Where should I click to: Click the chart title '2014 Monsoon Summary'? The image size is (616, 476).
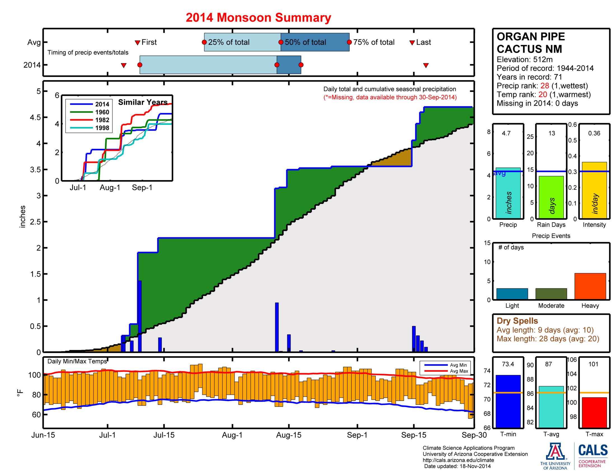coord(258,17)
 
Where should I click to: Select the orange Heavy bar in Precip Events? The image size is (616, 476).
coord(590,286)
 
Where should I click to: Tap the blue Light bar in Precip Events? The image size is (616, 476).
coord(512,293)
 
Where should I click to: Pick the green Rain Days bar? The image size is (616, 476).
coord(551,197)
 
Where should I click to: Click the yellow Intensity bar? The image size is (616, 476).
coord(594,190)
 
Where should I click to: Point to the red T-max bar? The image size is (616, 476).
coord(594,412)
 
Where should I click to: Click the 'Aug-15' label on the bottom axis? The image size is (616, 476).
coord(288,435)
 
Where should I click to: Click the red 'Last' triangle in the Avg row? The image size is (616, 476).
coord(412,43)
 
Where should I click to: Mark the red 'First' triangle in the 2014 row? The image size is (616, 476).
coord(123,66)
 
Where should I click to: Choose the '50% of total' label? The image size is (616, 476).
coord(305,42)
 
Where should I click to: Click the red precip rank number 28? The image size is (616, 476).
coord(544,86)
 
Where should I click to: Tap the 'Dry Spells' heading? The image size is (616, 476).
coord(517,321)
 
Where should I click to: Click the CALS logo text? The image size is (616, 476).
coord(592,450)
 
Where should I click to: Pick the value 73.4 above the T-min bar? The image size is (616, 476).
coord(508,364)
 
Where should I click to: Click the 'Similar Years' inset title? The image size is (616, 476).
coord(143,102)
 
